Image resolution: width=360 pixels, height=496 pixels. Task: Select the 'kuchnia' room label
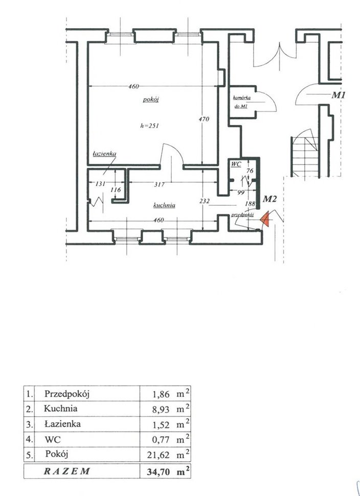164,205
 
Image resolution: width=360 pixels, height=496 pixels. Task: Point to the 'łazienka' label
105,154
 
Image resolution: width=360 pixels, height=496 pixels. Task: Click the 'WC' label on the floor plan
235,164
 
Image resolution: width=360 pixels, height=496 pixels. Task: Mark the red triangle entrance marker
265,219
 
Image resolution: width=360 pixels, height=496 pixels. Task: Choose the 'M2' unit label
269,199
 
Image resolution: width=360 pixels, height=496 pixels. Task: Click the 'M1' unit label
340,95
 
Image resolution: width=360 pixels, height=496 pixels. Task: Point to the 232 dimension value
204,202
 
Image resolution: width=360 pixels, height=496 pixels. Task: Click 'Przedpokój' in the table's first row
70,394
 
